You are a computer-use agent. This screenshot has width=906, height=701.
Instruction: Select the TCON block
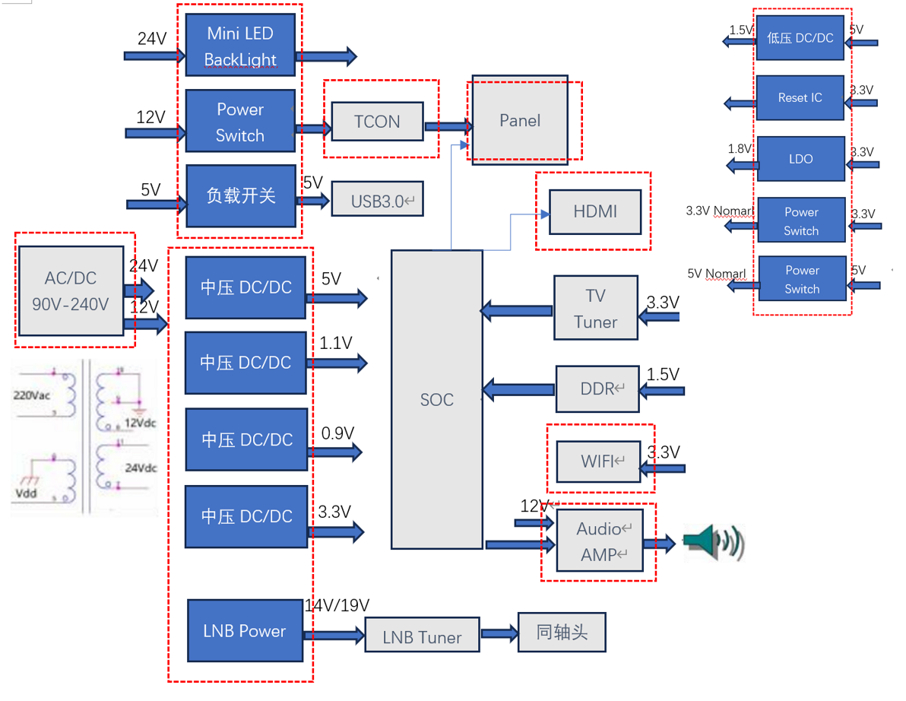[377, 122]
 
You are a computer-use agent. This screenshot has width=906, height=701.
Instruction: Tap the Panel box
[520, 120]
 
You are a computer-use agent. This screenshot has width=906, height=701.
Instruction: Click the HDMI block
[595, 211]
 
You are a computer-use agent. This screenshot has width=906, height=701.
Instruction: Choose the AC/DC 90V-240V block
[71, 290]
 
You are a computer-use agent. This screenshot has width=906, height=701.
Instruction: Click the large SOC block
[436, 399]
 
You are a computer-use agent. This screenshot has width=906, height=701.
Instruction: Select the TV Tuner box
[595, 308]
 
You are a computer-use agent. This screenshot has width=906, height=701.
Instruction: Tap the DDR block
[597, 389]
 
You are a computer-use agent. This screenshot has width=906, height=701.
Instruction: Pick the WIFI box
[597, 461]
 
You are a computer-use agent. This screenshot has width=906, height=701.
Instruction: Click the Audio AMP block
[599, 541]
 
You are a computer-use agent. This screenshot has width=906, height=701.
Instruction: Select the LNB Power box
[245, 630]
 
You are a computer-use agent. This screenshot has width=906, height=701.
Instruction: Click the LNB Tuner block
[422, 636]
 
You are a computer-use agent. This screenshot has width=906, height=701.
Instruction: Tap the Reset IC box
[800, 97]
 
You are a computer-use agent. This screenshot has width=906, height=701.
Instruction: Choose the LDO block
[800, 159]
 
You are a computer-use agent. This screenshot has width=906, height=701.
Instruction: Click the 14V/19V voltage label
[337, 605]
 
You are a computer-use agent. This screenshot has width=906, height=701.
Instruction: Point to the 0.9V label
[337, 433]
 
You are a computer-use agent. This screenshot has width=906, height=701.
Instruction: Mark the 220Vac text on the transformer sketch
[30, 395]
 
